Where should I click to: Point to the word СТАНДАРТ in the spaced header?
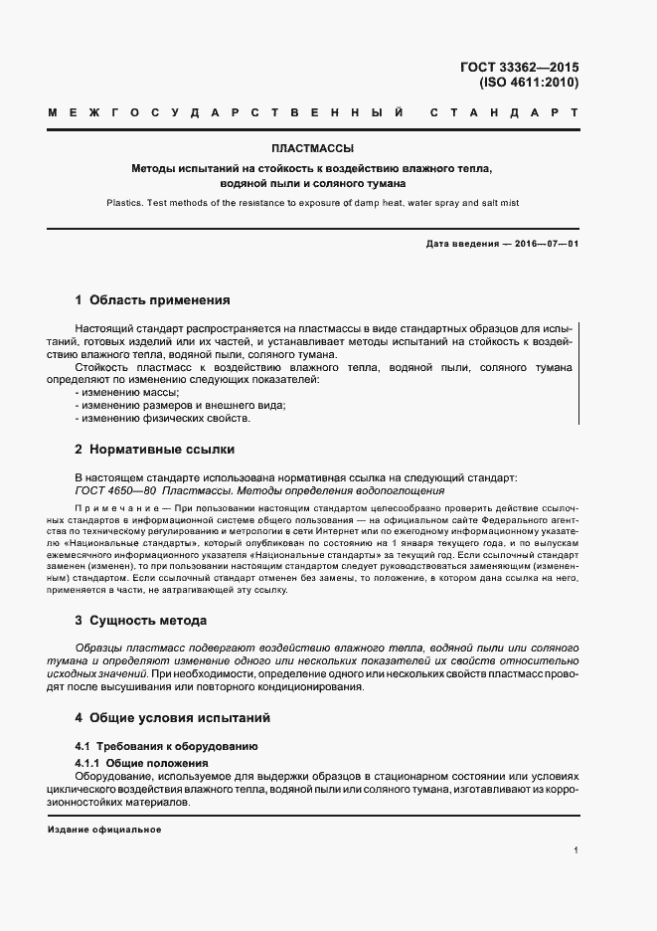[504, 114]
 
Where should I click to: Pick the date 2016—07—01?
[546, 244]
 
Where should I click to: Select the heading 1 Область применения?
[152, 299]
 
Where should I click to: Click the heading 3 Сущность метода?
[140, 620]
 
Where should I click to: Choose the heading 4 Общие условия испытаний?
[172, 717]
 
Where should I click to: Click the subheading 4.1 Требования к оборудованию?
[166, 745]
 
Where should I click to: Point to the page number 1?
[576, 850]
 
